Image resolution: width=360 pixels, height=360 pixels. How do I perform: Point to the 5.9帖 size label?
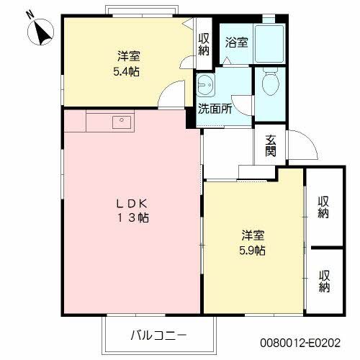coord(253,251)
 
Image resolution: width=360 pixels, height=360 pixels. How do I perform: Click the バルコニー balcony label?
coord(159,335)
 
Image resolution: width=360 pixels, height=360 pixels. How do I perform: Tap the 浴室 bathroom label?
coord(237,42)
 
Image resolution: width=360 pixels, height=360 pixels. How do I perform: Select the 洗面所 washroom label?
coord(215,111)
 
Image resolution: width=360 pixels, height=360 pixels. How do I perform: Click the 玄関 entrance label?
coord(270,146)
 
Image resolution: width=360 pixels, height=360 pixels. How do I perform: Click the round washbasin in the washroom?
coord(204,84)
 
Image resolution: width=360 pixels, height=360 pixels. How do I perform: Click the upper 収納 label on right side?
coord(325,206)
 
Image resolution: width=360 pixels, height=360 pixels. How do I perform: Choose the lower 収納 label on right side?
coord(325,281)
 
